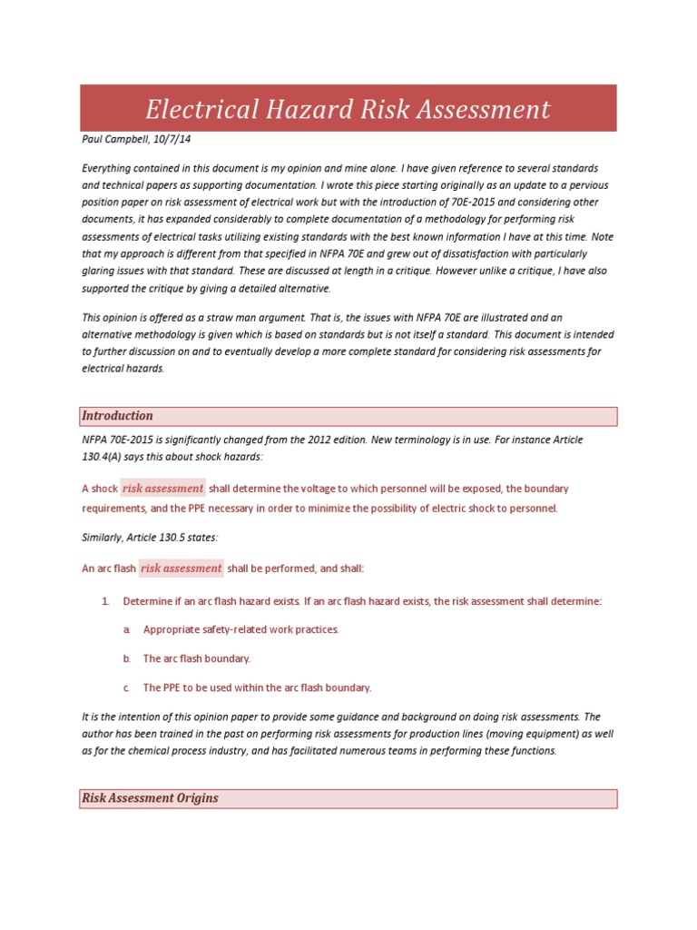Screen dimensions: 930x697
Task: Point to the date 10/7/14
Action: point(172,140)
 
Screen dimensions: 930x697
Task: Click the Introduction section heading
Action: point(117,416)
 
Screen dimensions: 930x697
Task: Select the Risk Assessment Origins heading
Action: point(150,798)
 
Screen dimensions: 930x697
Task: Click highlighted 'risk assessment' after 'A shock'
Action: point(162,489)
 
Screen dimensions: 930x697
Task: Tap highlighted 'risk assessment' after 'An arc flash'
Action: point(181,569)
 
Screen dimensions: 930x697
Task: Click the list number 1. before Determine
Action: point(105,601)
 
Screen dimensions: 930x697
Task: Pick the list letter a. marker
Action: point(125,629)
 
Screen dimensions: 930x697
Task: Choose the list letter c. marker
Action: point(125,688)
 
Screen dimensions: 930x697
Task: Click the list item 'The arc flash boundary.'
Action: point(197,658)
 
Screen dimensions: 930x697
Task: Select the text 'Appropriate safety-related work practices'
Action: point(241,629)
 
